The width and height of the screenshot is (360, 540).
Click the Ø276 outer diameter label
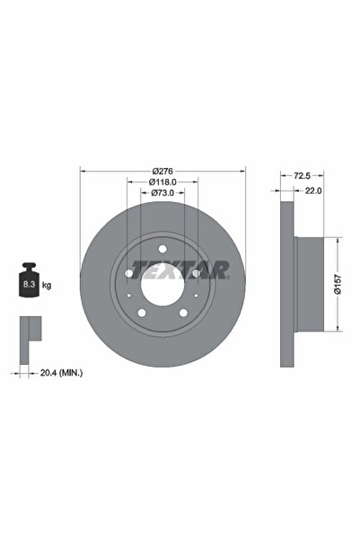tap(162, 171)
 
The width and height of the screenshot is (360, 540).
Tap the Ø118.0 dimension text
tap(162, 181)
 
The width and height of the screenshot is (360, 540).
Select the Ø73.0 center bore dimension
tap(162, 193)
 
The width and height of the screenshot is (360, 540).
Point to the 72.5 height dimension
tap(302, 176)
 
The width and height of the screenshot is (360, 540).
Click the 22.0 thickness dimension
tap(313, 190)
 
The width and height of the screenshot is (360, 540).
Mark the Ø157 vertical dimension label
tap(338, 284)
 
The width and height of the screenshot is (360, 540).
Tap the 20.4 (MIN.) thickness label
tap(61, 373)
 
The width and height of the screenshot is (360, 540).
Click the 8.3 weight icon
tap(29, 279)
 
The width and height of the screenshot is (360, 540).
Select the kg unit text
tap(47, 285)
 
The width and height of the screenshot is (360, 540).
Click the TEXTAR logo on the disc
tap(180, 270)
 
